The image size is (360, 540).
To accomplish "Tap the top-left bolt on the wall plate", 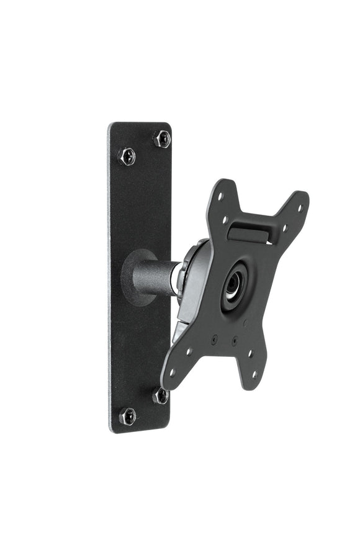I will click(x=127, y=155).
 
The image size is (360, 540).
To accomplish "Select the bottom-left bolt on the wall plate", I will click(x=127, y=415).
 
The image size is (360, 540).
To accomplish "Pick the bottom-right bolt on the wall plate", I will click(x=161, y=395).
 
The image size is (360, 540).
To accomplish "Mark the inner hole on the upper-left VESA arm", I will click(x=225, y=219).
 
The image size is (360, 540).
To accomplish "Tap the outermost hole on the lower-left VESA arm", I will click(x=172, y=372).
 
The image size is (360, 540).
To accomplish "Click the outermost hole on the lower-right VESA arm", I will click(x=254, y=374).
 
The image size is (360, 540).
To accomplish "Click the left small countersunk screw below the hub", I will click(x=214, y=339).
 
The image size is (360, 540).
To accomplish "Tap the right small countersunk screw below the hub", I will click(x=234, y=341).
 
